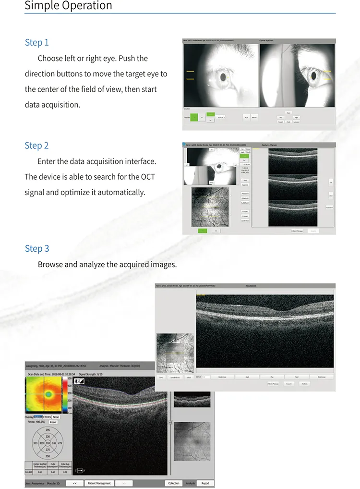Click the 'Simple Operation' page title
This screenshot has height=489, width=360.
(x=68, y=6)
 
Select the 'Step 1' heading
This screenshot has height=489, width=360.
(x=37, y=43)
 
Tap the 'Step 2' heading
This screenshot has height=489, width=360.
(x=37, y=146)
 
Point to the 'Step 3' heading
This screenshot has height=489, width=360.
(x=37, y=248)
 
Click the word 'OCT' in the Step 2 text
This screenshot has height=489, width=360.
(x=148, y=177)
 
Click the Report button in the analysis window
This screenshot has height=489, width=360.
(x=205, y=483)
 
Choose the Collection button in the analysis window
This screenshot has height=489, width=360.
(x=174, y=483)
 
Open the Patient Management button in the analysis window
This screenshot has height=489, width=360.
(x=99, y=483)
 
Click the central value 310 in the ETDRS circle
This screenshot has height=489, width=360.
(x=47, y=442)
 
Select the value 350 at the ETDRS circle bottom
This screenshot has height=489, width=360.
(x=47, y=456)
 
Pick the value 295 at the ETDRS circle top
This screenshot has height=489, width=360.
(x=47, y=429)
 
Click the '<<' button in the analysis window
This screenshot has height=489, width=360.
(x=74, y=483)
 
